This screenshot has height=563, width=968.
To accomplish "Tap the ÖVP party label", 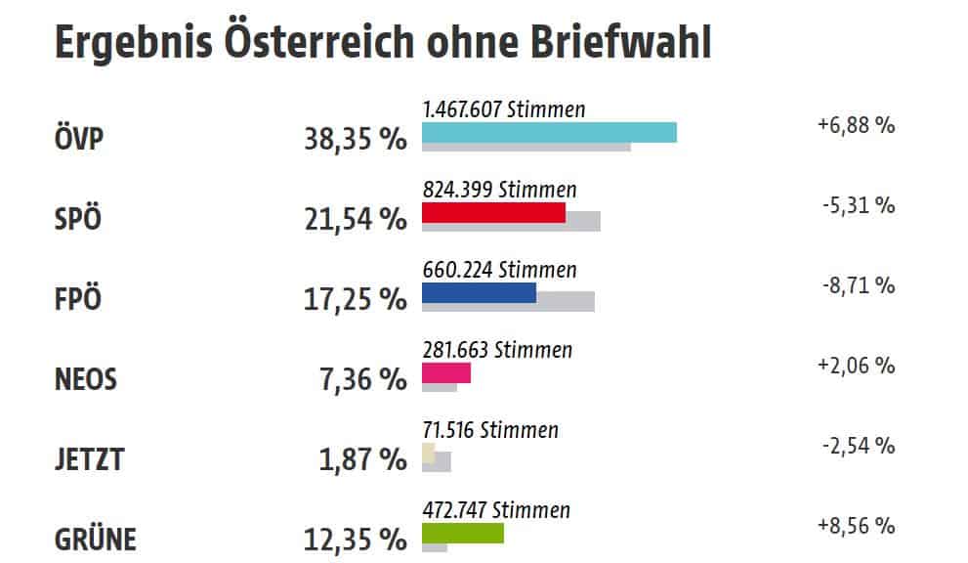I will point(80,140).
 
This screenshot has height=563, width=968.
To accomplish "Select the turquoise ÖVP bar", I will point(549,132).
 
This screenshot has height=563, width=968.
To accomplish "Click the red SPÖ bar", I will point(493,212).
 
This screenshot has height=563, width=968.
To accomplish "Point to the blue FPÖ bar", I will point(479,292).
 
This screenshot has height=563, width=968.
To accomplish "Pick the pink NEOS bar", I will point(446,372).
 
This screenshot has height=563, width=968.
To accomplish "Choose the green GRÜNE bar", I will point(463,533).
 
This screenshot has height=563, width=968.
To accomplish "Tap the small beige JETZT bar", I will point(429,453).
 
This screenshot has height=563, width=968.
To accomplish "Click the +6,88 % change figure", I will point(856,125).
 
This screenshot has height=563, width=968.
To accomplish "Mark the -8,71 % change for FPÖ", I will point(858,285).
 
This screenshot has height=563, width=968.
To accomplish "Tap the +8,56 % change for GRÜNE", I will point(856,526).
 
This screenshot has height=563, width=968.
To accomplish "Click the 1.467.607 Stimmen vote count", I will point(504,109).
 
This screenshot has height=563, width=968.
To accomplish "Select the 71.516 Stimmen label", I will point(490,430).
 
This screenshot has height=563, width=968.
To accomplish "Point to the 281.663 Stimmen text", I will point(497,350).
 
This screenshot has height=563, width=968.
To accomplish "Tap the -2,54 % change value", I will point(858,446).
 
